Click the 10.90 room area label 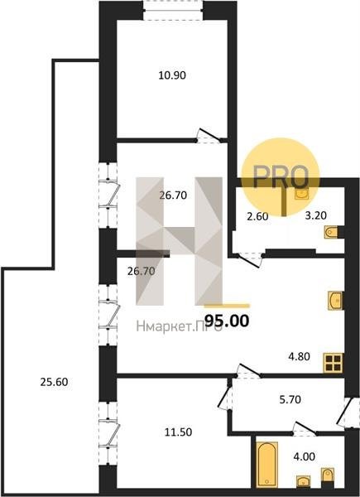[172, 75]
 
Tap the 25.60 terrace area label [54, 382]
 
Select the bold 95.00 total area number [227, 321]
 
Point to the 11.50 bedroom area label [178, 432]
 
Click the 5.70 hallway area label [290, 399]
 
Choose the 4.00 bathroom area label [305, 456]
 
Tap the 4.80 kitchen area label [299, 356]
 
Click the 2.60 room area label [257, 216]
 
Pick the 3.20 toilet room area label [315, 215]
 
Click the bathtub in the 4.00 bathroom [266, 465]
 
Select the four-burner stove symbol [334, 363]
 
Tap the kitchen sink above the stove [335, 300]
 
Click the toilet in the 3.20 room [331, 232]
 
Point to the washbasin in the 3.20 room [301, 193]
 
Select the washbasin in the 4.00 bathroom [304, 481]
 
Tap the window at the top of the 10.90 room [173, 10]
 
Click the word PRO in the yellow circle [281, 177]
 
